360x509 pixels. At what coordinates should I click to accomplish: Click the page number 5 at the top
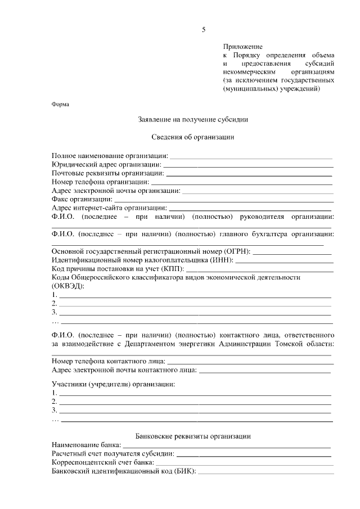(x=204, y=30)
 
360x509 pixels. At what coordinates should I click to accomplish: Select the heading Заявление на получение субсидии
(x=193, y=119)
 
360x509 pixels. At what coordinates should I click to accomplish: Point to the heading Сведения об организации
(x=193, y=137)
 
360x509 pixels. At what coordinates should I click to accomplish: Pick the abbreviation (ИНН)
(x=222, y=260)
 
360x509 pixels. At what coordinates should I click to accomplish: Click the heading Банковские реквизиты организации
(x=193, y=436)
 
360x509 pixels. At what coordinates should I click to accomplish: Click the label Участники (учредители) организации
(x=113, y=384)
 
